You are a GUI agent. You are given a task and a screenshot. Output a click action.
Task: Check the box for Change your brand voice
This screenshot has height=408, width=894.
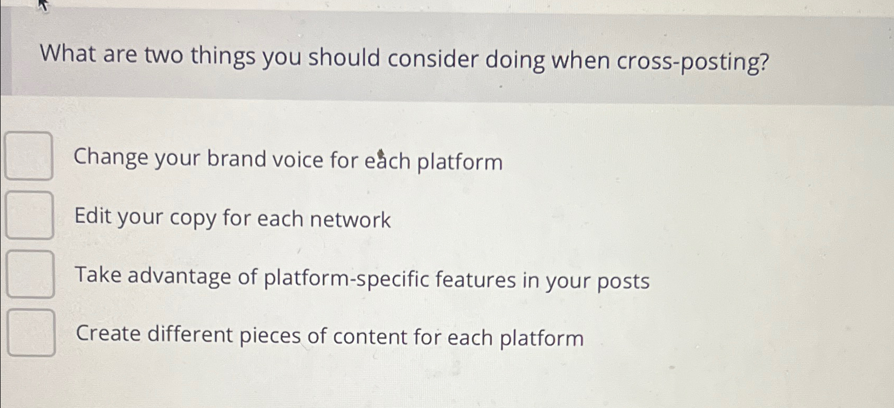(28, 156)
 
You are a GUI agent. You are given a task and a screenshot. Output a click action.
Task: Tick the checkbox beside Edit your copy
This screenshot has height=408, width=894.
(29, 215)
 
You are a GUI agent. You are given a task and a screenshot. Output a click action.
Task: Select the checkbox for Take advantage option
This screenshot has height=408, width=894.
(31, 274)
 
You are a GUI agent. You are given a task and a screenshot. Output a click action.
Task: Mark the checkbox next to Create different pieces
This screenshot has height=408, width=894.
(32, 333)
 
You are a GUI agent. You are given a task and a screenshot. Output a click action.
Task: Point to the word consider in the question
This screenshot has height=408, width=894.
(433, 59)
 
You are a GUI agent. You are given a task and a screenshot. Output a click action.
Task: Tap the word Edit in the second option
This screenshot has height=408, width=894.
(92, 216)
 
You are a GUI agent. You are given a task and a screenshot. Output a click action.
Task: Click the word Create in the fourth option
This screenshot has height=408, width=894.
(108, 333)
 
